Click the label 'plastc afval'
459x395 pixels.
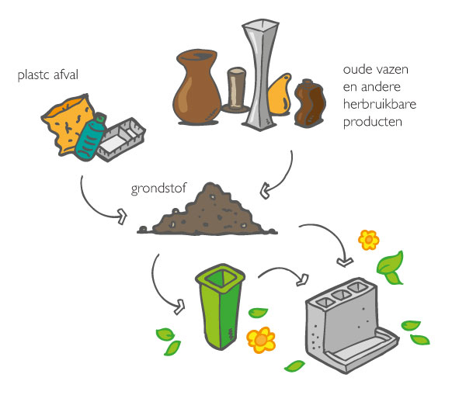click(x=48, y=75)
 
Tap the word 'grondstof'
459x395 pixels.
click(x=158, y=188)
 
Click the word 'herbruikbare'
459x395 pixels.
click(x=380, y=104)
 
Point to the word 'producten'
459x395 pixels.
click(x=373, y=122)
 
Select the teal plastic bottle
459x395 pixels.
click(x=90, y=137)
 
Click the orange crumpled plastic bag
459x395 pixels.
click(x=67, y=123)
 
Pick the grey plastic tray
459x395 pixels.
click(x=120, y=139)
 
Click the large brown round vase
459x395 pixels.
click(x=197, y=87)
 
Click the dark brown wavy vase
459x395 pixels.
click(x=310, y=103)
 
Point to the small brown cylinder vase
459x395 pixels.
click(x=236, y=90)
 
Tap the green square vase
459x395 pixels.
click(x=221, y=306)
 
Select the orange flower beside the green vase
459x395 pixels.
click(x=261, y=340)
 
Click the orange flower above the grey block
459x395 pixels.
click(x=369, y=240)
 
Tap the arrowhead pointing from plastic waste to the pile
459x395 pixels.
click(x=122, y=217)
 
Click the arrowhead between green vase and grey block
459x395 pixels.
click(x=303, y=279)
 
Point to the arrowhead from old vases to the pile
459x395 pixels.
click(x=265, y=191)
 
